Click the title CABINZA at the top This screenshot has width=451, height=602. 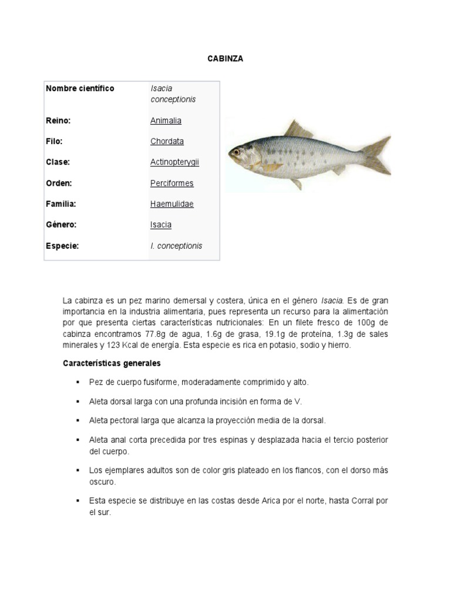[225, 59]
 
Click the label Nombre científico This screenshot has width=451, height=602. [80, 89]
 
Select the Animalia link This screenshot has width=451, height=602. [166, 121]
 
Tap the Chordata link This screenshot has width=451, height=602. [167, 141]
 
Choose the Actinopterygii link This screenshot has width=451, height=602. [174, 162]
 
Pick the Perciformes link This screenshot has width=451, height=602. [171, 183]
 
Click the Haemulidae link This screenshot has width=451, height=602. [171, 204]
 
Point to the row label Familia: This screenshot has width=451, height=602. [61, 204]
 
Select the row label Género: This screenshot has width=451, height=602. [61, 225]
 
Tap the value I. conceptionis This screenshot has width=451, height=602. [176, 246]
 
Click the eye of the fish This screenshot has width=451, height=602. [236, 151]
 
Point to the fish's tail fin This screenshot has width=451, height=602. [376, 155]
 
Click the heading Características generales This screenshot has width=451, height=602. [112, 363]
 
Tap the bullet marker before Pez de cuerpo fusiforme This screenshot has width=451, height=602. [77, 382]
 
